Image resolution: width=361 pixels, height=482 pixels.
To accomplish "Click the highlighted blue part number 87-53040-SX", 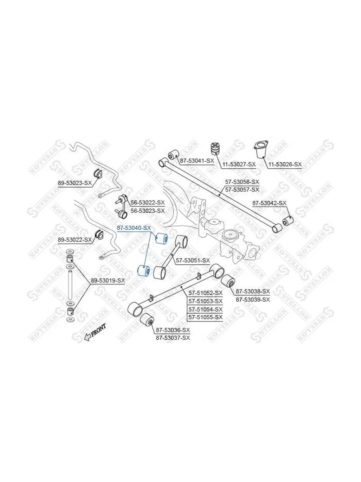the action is pyautogui.click(x=134, y=228).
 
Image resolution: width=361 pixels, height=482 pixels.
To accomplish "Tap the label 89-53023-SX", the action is pyautogui.click(x=75, y=183).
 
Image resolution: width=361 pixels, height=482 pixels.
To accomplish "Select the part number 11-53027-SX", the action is pyautogui.click(x=239, y=164).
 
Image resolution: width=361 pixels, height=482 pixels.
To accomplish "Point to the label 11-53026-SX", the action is pyautogui.click(x=285, y=164).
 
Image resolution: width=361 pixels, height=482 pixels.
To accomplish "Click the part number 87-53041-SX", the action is pyautogui.click(x=197, y=161).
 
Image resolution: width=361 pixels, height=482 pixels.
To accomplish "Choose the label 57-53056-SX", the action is pyautogui.click(x=242, y=182).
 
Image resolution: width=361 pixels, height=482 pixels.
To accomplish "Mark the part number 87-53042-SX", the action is pyautogui.click(x=270, y=203).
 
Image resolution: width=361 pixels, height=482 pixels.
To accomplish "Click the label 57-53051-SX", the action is pyautogui.click(x=193, y=260).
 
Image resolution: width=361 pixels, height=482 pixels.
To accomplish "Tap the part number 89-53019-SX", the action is pyautogui.click(x=108, y=280).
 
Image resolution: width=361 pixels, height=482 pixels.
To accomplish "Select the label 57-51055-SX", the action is pyautogui.click(x=206, y=317).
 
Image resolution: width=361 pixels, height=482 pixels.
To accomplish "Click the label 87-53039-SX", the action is pyautogui.click(x=253, y=300).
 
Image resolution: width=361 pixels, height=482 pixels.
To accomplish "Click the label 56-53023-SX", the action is pyautogui.click(x=148, y=211).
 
